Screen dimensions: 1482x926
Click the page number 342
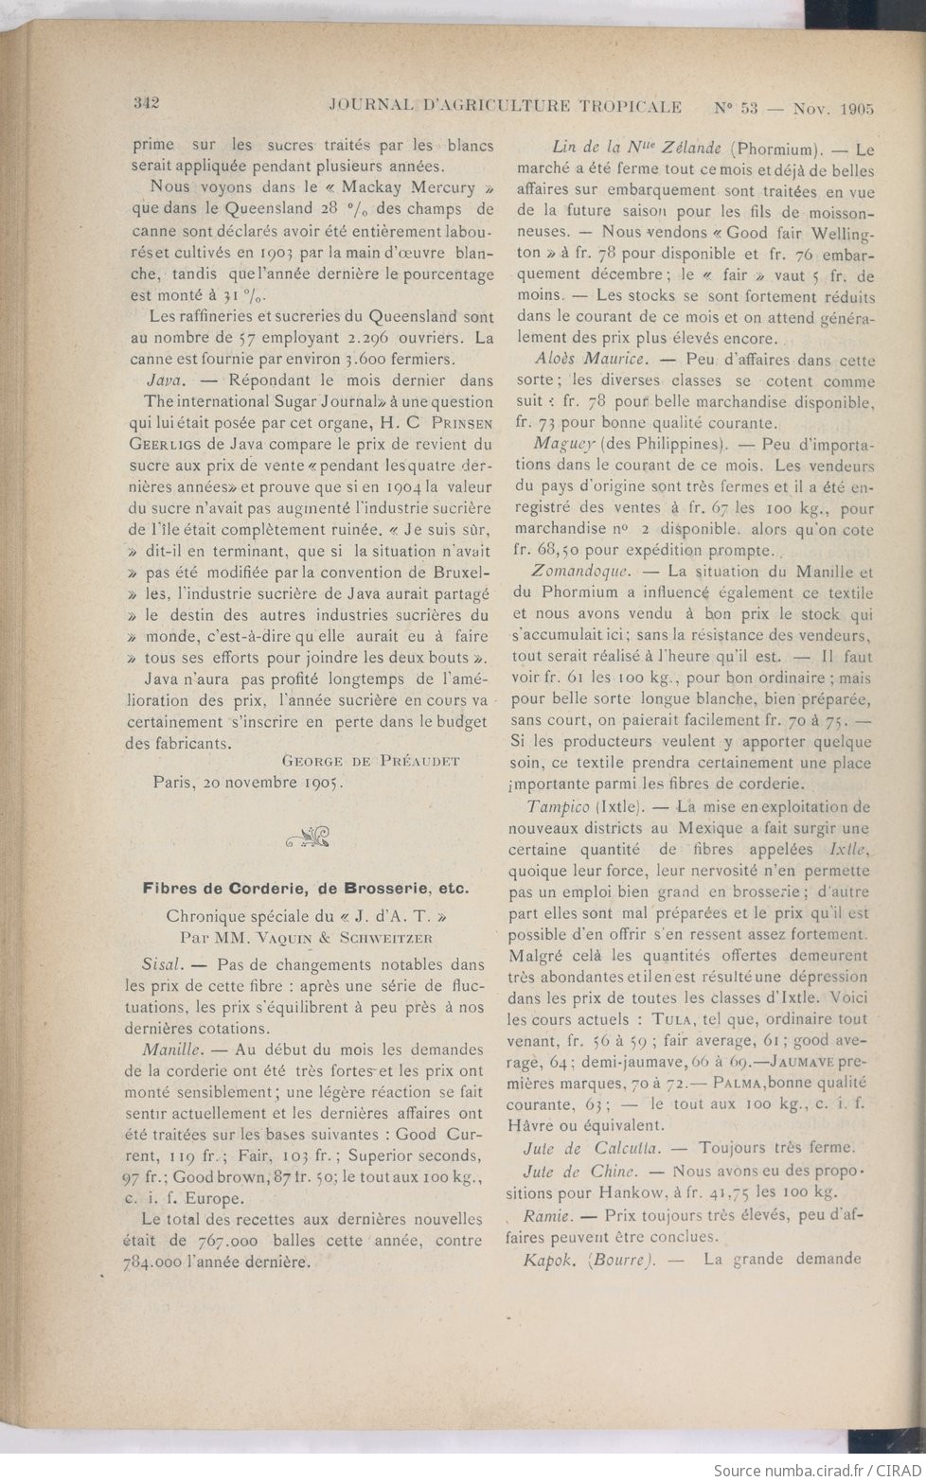[151, 103]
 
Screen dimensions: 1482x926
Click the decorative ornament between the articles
[306, 835]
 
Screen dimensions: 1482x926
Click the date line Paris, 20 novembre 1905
[249, 783]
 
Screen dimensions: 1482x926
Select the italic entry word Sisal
[160, 964]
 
